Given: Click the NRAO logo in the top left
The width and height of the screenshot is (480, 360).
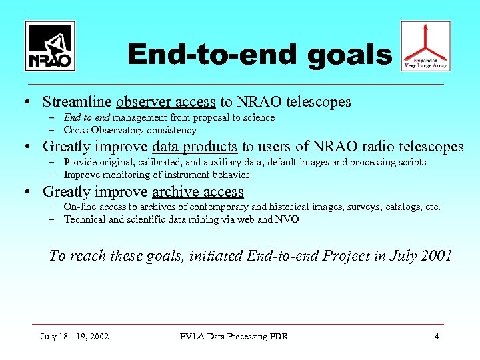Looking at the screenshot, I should pos(50,46).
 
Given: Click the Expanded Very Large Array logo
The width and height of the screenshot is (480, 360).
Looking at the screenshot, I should pos(425,46).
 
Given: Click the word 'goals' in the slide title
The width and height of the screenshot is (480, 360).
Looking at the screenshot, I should pos(350,55).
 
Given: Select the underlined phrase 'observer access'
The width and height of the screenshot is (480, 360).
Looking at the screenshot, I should pos(165,102).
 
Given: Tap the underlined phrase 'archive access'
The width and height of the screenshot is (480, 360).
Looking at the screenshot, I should pos(198,192).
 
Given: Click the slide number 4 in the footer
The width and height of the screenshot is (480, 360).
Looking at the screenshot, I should pos(437,336).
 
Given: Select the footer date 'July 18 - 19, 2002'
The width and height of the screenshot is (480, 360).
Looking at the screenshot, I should pos(75,336).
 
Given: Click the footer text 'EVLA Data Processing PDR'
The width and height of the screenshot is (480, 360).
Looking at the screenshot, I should pos(234,336).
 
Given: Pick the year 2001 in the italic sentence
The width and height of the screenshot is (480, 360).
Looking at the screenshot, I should pos(436,256).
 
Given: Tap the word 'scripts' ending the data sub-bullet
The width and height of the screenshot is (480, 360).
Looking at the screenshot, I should pos(411,163).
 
